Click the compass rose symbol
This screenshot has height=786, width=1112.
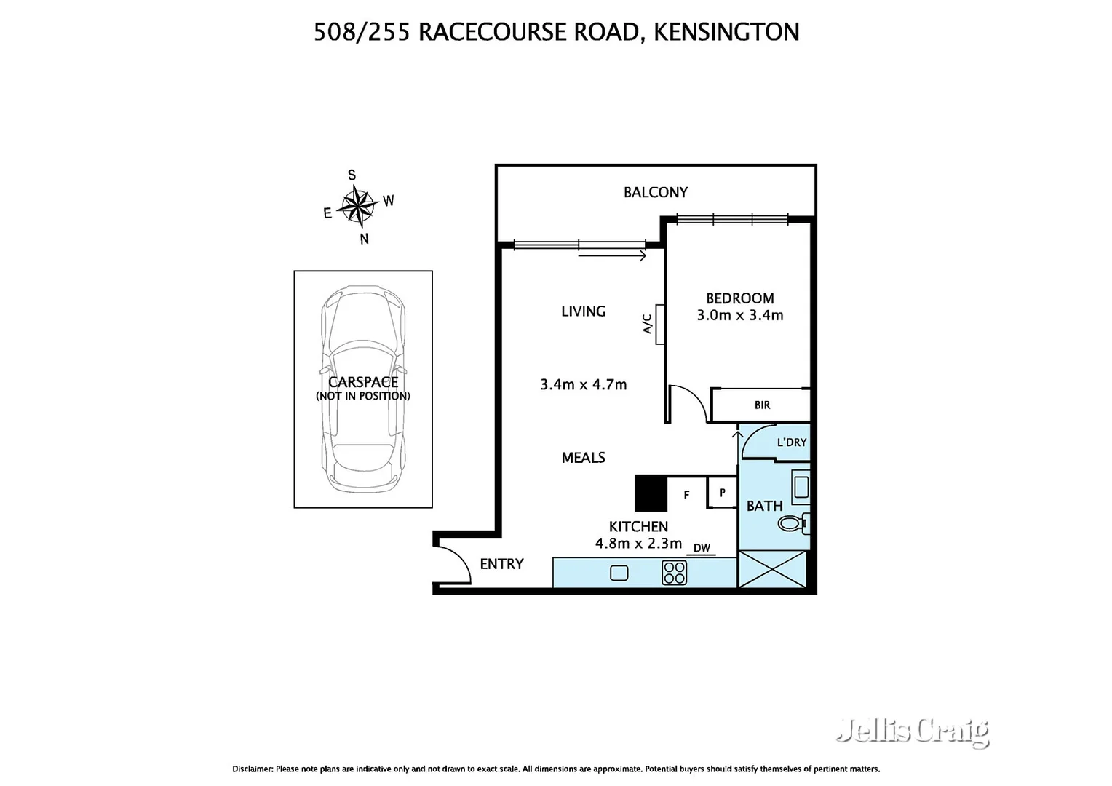click(357, 205)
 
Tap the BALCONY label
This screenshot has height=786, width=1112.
click(655, 192)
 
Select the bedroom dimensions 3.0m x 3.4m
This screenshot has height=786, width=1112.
click(739, 316)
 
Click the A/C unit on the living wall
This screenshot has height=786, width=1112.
click(659, 324)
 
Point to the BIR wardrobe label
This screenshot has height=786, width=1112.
click(762, 405)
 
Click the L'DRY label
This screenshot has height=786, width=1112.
click(791, 442)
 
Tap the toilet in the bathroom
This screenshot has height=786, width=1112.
click(793, 523)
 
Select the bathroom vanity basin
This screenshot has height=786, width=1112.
click(801, 488)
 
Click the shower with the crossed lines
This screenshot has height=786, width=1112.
click(772, 568)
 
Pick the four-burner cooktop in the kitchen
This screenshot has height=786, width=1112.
click(674, 572)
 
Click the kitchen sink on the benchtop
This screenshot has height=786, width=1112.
click(619, 573)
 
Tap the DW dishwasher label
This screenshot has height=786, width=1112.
click(701, 549)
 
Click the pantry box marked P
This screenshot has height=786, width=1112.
click(722, 493)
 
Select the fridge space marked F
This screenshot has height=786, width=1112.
click(686, 495)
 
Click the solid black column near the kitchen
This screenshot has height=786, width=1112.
click(651, 493)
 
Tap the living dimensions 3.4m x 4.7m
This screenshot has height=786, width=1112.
click(583, 385)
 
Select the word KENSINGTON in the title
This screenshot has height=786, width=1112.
click(726, 32)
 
